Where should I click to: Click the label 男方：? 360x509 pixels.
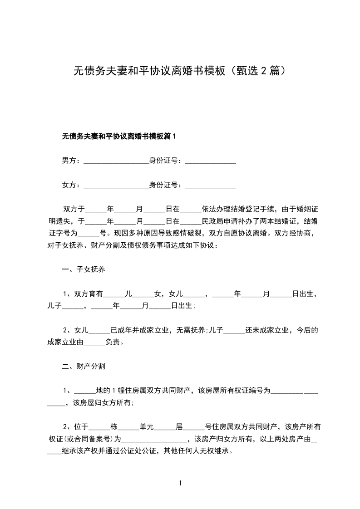click(72, 160)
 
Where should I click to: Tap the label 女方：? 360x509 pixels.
click(72, 185)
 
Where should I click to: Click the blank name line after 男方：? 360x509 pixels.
click(116, 161)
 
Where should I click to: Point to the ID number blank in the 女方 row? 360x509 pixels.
click(211, 186)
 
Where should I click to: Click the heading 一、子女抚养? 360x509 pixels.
click(84, 269)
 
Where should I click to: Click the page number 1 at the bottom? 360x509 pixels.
click(180, 483)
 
